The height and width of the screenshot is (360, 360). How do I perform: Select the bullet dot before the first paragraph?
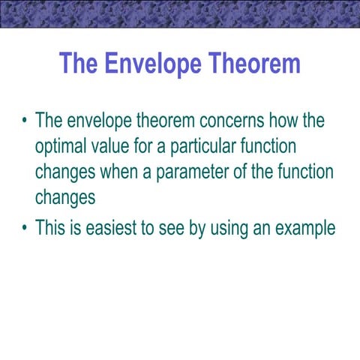click(x=25, y=121)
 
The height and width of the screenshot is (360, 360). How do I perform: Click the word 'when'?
click(x=120, y=172)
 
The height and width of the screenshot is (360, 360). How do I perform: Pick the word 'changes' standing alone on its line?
click(x=65, y=197)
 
